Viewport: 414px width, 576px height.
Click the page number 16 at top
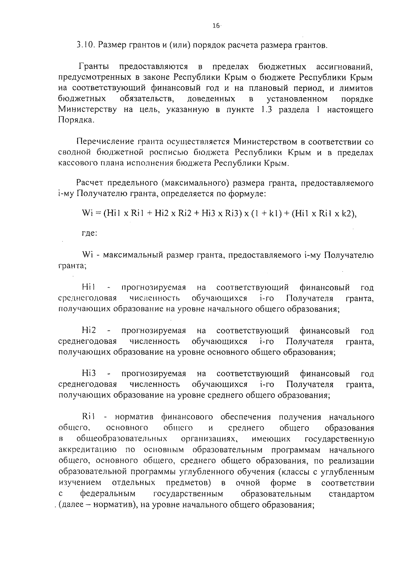tap(216, 26)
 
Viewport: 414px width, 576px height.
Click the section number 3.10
tap(85, 46)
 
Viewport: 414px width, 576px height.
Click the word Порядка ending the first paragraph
tap(76, 121)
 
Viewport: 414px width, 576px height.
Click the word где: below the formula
tap(89, 233)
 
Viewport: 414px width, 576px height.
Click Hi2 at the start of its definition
tap(89, 331)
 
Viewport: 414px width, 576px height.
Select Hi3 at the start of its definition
tap(89, 374)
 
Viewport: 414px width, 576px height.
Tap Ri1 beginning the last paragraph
tap(89, 417)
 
